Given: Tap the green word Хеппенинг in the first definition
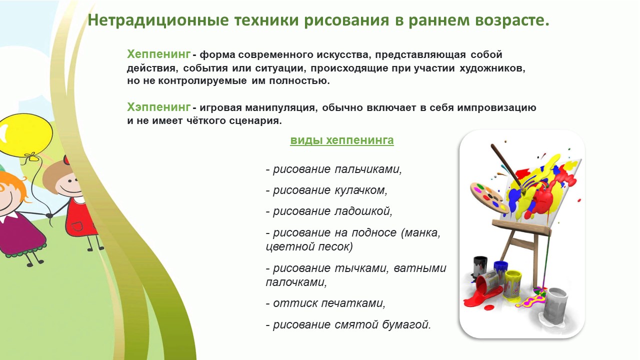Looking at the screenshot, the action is pos(159,54).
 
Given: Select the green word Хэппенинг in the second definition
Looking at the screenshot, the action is pos(159,107).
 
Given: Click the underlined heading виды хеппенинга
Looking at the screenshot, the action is pos(342,140).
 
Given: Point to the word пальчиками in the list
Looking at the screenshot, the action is pos(368,169).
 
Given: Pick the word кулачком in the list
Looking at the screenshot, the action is pos(361,190).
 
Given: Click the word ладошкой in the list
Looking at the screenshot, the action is pos(363,211).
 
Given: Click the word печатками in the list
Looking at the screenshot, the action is pos(353,303).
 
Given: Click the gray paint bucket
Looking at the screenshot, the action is pos(555,304).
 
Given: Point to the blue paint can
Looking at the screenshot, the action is pos(501,270).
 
